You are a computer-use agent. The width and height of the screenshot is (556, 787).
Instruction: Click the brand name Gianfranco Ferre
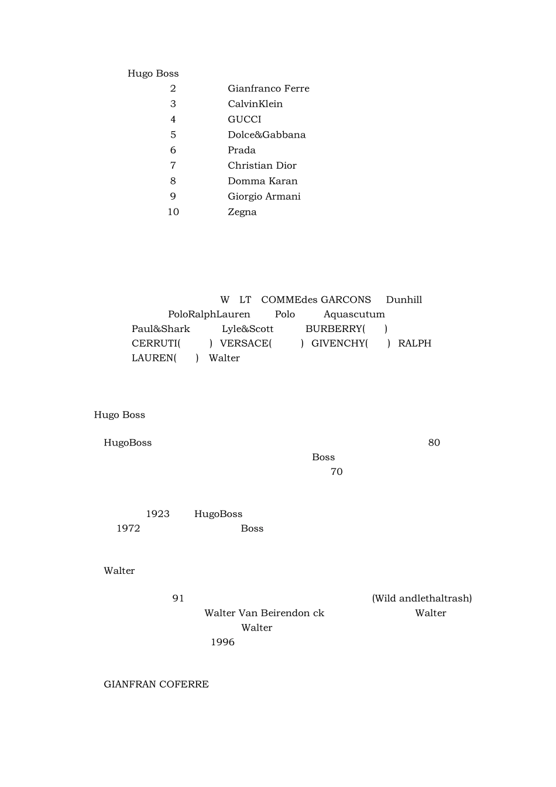click(x=268, y=88)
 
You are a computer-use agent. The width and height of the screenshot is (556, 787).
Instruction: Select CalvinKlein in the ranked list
click(x=255, y=104)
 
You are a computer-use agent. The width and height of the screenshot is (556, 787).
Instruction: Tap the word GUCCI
click(x=245, y=119)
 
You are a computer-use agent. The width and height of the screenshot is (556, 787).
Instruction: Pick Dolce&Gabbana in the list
click(x=266, y=135)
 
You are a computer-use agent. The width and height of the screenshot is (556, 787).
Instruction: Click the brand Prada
click(x=242, y=150)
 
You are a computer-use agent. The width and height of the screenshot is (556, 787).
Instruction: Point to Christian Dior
click(x=262, y=166)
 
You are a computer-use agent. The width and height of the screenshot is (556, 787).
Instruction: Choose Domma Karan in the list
click(x=263, y=181)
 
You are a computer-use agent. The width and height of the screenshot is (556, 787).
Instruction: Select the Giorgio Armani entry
click(x=264, y=196)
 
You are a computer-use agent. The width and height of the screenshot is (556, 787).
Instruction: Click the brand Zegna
click(x=242, y=212)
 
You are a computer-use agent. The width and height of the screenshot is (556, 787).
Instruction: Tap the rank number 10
click(x=173, y=212)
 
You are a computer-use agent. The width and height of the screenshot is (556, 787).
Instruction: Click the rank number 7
click(x=173, y=166)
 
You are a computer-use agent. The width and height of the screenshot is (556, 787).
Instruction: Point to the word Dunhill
click(x=404, y=300)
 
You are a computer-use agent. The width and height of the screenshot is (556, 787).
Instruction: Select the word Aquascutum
click(x=354, y=314)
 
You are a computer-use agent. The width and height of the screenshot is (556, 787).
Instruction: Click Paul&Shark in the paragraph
click(x=161, y=329)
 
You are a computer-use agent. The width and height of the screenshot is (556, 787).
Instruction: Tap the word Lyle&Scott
click(x=248, y=329)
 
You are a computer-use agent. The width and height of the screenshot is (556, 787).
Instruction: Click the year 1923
click(x=157, y=514)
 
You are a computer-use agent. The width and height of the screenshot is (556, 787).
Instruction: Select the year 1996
click(x=222, y=642)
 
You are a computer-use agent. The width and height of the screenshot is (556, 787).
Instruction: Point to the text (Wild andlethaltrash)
click(x=422, y=598)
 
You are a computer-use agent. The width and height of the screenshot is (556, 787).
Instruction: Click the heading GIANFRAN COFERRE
click(x=156, y=685)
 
